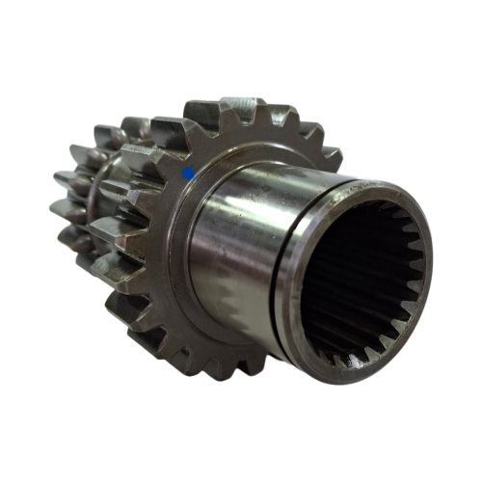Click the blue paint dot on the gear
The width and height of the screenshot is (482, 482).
(188, 174)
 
